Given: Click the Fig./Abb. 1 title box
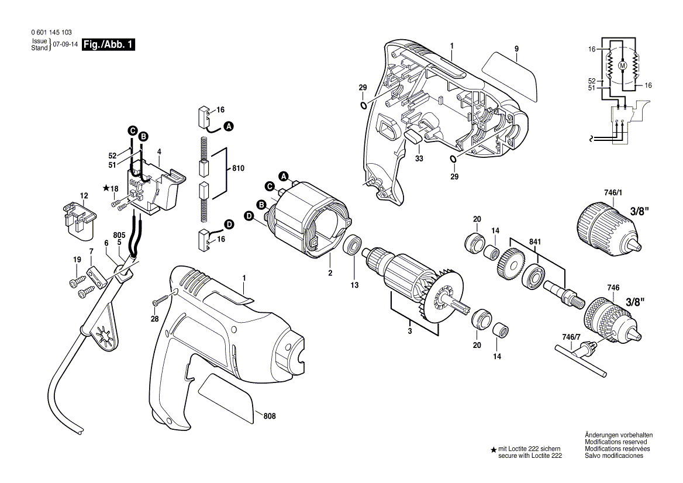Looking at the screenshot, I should [108, 45].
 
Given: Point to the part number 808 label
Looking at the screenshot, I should [270, 416].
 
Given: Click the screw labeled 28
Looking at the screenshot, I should [159, 302].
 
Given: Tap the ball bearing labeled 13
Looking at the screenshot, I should [353, 245].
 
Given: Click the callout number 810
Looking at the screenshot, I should [238, 168].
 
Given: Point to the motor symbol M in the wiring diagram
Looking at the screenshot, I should [622, 66].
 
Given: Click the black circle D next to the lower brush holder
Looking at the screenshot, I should [229, 225].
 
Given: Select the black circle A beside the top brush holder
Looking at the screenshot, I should [229, 126].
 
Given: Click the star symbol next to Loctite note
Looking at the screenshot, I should [494, 450].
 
